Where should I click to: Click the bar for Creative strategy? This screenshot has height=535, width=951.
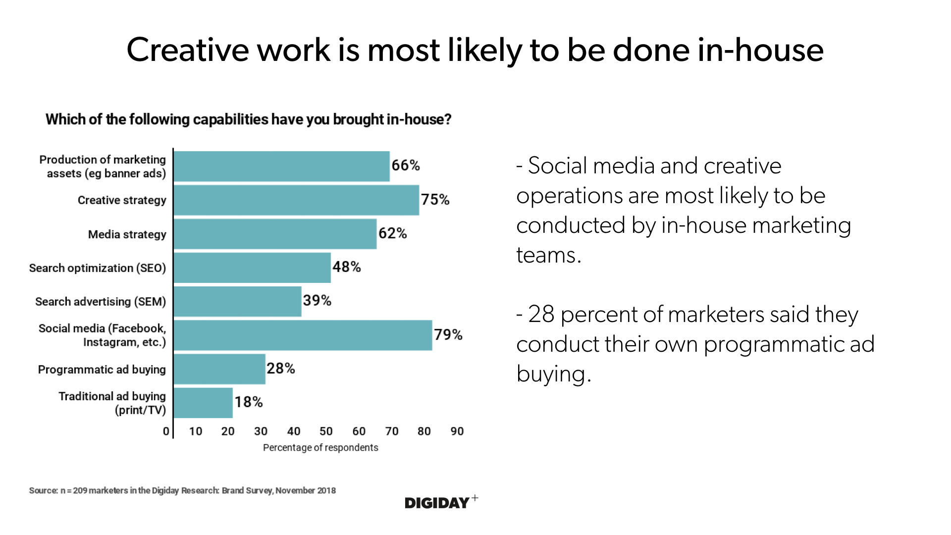click(296, 200)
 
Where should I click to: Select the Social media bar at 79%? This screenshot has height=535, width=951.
click(303, 335)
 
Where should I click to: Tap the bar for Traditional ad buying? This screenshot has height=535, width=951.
click(203, 403)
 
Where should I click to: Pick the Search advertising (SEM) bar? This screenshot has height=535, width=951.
click(237, 301)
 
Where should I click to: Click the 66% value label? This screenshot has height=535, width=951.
click(406, 165)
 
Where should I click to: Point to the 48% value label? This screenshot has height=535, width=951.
click(347, 267)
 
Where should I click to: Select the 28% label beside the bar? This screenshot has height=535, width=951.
click(281, 369)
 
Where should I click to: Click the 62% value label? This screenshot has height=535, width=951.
click(393, 233)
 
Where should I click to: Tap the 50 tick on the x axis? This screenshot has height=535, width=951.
click(326, 431)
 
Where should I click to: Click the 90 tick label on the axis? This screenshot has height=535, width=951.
click(457, 431)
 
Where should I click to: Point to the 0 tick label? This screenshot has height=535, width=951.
click(166, 431)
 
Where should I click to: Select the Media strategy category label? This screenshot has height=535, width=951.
click(127, 234)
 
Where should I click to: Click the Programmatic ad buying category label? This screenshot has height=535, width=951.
click(102, 370)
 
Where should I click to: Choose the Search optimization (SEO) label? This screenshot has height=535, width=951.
click(97, 268)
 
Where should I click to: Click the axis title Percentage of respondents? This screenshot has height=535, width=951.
click(320, 448)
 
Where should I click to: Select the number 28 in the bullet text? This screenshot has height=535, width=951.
click(541, 315)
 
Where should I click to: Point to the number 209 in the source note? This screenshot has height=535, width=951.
click(80, 490)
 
